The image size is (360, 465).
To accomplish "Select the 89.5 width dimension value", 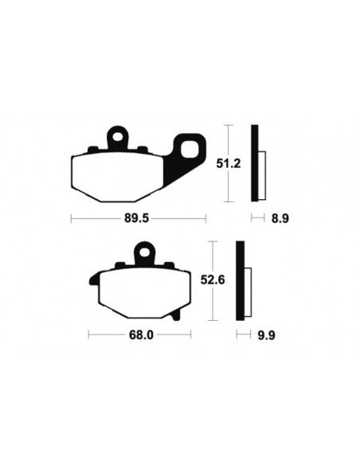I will [139, 217].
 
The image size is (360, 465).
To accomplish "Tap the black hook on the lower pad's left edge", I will [92, 280].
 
